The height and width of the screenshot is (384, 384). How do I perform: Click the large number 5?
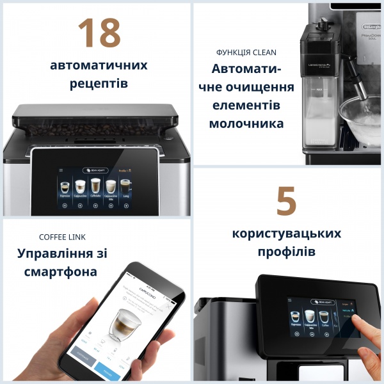[x=286, y=202]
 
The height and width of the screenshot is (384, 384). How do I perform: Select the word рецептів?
[x=98, y=84]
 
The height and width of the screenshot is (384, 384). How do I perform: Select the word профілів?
[x=286, y=252]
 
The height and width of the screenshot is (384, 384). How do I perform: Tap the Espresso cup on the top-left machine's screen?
[x=65, y=188]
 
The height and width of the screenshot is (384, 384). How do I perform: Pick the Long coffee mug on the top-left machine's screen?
[x=125, y=187]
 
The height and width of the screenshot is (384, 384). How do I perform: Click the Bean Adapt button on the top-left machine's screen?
[x=95, y=171]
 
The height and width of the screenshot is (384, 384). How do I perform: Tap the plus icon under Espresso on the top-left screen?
[x=65, y=205]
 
